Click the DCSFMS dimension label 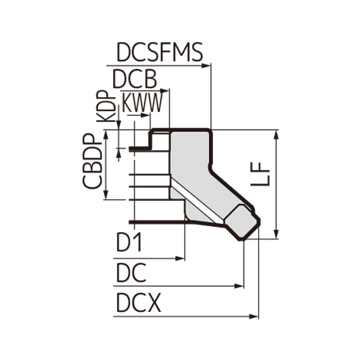(159, 53)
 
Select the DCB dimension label (134, 79)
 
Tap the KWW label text (142, 103)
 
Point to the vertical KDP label (106, 106)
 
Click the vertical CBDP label (92, 163)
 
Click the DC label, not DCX (130, 273)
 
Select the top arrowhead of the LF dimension (277, 133)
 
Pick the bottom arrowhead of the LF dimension (277, 235)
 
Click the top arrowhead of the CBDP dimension (107, 133)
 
